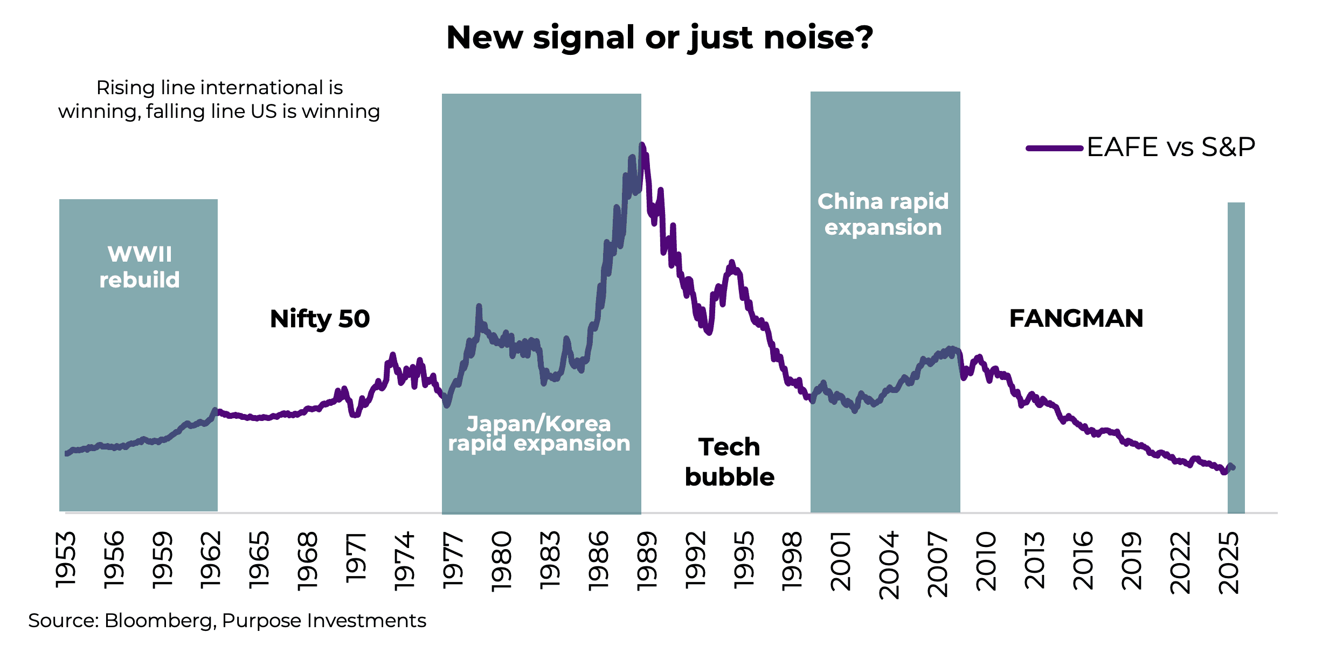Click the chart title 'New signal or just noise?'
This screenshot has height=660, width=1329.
point(660,38)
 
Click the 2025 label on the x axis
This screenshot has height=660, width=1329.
point(1229,562)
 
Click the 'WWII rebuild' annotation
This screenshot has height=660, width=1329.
point(140,267)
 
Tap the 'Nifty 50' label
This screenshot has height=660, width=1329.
point(320,319)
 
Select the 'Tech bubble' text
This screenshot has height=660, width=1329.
point(729,462)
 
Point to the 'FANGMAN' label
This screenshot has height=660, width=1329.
point(1076,319)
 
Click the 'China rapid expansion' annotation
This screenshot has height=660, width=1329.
point(883,214)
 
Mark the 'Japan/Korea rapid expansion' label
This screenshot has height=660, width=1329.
point(539,433)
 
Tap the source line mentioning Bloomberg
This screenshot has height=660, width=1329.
point(227,621)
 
